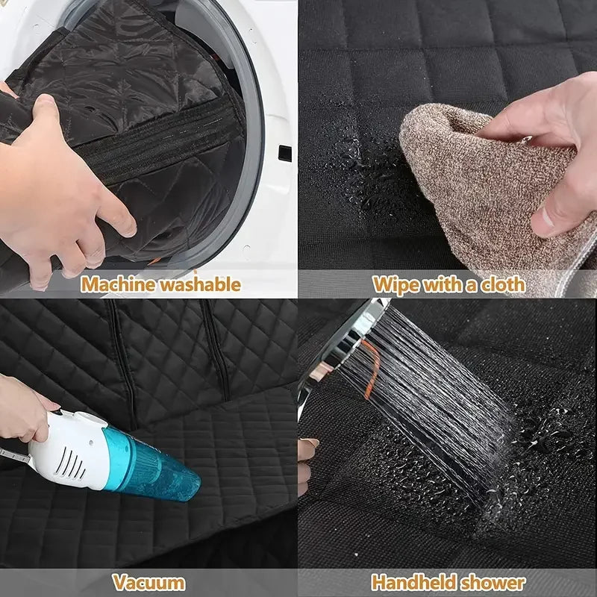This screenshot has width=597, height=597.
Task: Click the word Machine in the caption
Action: pyautogui.click(x=114, y=284)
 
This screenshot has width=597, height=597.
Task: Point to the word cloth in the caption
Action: pyautogui.click(x=499, y=284)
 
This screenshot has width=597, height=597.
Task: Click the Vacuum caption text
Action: pyautogui.click(x=149, y=582)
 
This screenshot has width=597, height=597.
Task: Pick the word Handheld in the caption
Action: pyautogui.click(x=414, y=582)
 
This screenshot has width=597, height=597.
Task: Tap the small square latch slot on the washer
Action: pyautogui.click(x=284, y=152)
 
